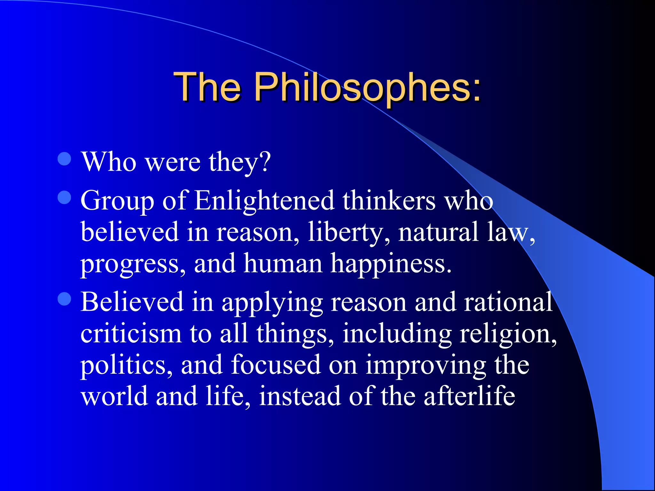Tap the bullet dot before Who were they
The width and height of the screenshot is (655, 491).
pos(64,159)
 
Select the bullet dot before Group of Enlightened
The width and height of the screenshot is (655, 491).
pos(64,197)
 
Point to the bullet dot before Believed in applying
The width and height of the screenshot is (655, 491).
pos(64,299)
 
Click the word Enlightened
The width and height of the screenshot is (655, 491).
pos(264,201)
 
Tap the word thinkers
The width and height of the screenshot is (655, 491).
pos(389,201)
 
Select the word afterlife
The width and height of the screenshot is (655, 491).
pos(470,396)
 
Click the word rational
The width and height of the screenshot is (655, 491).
pos(509,302)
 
